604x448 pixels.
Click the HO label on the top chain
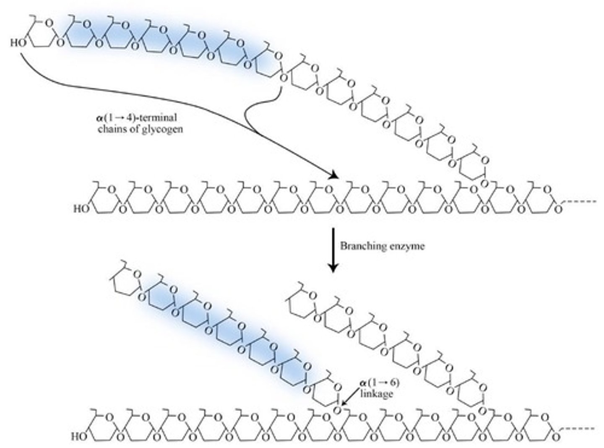18,43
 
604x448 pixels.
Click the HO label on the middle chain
81,208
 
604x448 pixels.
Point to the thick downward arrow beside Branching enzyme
333,250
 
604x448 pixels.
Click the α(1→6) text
377,383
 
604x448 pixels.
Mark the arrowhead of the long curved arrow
333,175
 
